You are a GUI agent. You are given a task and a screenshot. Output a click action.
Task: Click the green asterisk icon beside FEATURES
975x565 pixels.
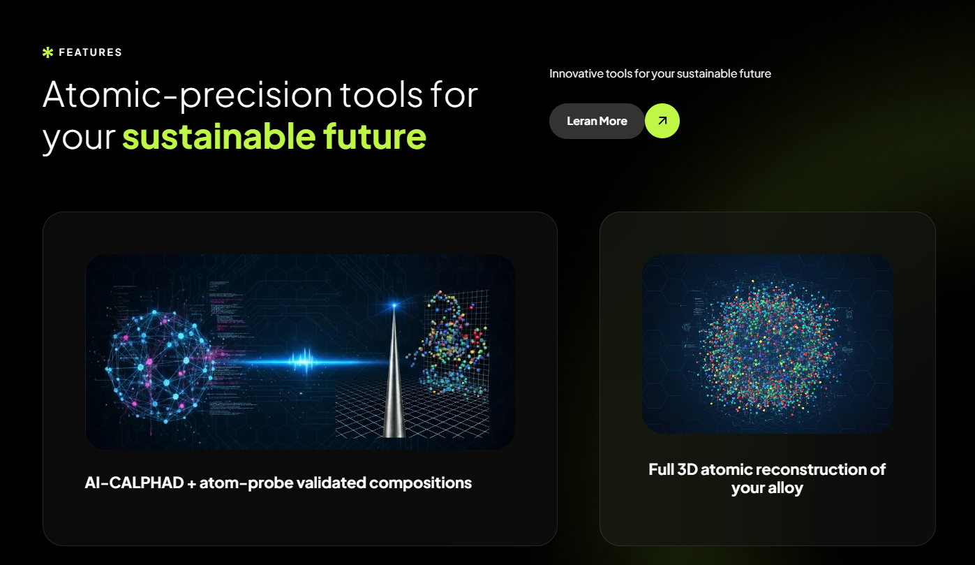47,52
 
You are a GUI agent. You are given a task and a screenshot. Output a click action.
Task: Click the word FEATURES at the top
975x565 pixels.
90,52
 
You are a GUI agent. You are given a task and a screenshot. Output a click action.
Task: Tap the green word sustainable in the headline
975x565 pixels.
217,136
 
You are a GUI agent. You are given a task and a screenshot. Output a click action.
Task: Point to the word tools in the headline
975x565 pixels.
382,94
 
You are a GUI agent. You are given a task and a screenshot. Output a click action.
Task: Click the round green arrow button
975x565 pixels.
662,121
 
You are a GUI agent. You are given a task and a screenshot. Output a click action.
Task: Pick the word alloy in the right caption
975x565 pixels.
785,487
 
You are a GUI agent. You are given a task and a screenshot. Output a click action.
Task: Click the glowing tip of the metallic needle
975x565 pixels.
394,307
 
